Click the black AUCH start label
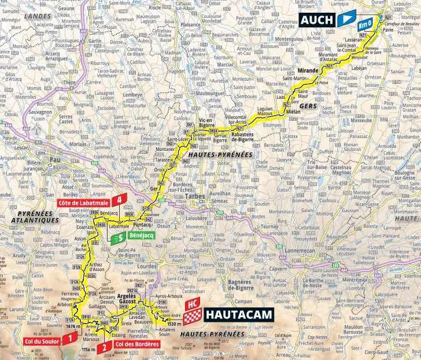(317, 20)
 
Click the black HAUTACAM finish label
(238, 316)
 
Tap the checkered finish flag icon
(193, 316)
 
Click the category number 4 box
(119, 200)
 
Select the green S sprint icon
(119, 237)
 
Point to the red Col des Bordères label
(137, 344)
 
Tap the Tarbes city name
(195, 196)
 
